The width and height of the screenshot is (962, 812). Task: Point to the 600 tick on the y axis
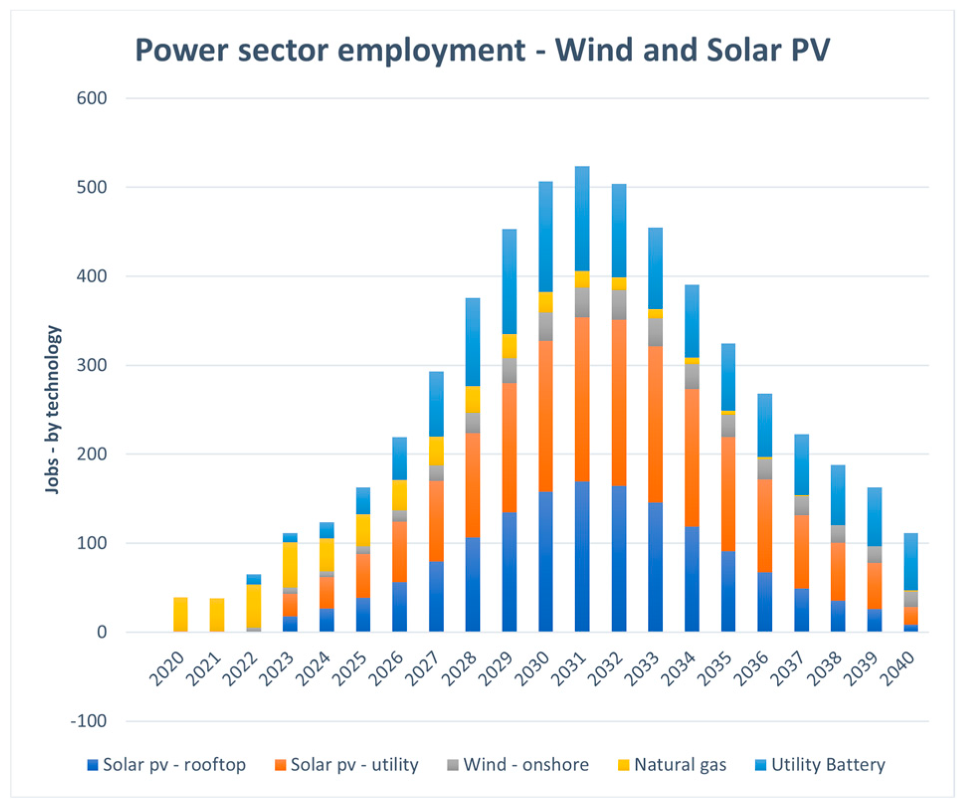[92, 98]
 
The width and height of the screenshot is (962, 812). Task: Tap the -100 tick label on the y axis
[89, 721]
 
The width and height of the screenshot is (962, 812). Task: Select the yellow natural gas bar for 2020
[180, 614]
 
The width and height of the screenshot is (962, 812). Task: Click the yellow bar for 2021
[217, 615]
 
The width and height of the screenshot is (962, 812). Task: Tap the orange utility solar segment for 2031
[582, 399]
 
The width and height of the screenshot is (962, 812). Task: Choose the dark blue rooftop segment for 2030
[545, 561]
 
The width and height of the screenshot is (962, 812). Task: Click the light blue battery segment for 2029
[509, 281]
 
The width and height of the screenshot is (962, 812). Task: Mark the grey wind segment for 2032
[618, 304]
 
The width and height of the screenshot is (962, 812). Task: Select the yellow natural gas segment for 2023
[290, 564]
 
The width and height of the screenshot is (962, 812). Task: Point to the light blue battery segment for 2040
[911, 561]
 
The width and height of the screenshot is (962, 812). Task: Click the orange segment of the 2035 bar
[728, 493]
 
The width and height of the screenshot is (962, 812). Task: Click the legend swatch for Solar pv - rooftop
[92, 765]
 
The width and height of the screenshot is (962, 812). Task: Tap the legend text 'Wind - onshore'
[525, 764]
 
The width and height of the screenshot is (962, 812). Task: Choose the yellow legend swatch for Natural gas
[623, 765]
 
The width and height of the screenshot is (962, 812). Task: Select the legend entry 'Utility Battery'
[828, 764]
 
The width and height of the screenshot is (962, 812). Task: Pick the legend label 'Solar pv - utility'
[354, 764]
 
